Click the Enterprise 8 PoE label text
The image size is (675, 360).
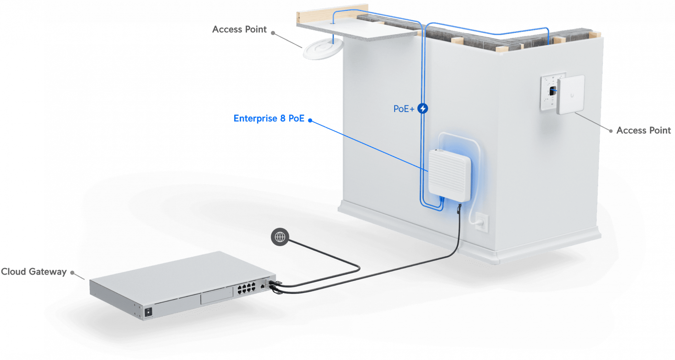(x=269, y=119)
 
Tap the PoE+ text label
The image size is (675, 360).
(x=404, y=109)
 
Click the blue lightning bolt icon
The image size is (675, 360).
(x=422, y=108)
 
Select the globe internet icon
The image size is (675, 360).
(x=280, y=237)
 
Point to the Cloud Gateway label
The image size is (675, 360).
(x=34, y=272)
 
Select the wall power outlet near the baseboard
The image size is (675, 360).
(x=482, y=222)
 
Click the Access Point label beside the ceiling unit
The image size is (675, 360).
(x=239, y=29)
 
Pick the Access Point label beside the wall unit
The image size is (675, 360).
(x=643, y=130)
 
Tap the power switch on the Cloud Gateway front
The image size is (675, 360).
(x=148, y=312)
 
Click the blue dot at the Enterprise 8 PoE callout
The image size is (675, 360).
(x=310, y=120)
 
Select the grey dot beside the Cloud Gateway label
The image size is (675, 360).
(x=72, y=273)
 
